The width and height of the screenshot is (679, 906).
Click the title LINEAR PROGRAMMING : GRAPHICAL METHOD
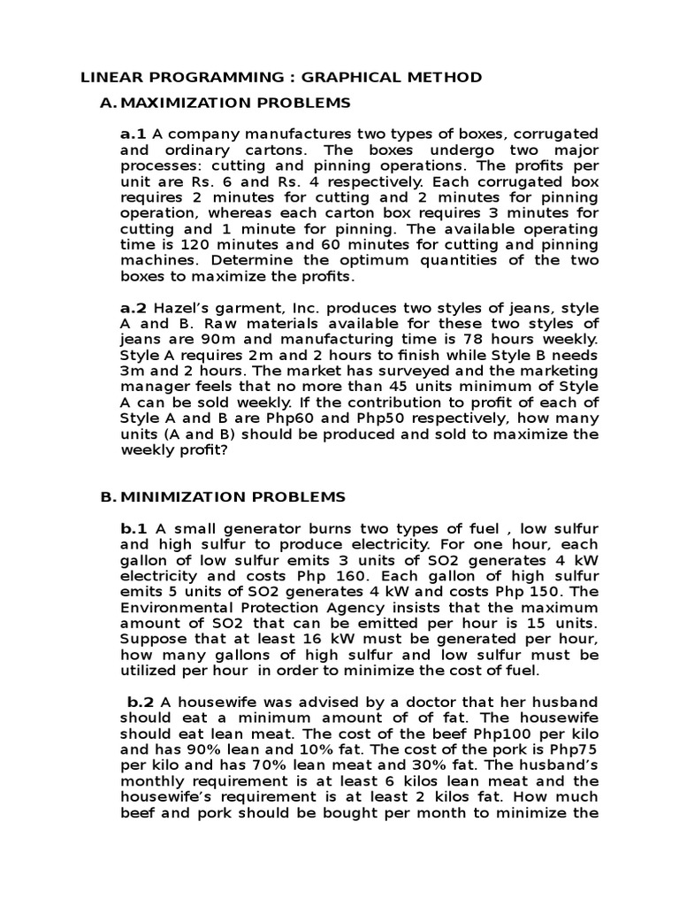[x=281, y=78]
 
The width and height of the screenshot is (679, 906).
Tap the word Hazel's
[x=184, y=308]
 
